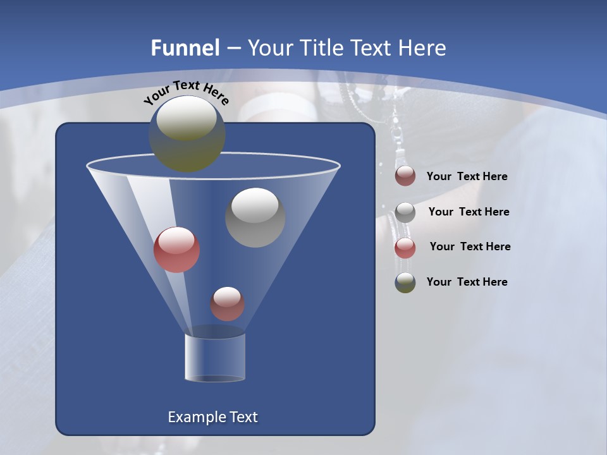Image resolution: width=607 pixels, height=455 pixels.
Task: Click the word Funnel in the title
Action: point(185,48)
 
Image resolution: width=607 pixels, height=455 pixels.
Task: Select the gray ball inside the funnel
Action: point(255,218)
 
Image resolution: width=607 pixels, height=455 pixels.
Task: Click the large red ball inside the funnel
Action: point(177,250)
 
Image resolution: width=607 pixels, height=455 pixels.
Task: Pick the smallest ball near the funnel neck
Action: point(227,304)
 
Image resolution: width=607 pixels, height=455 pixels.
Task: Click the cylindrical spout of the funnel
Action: point(215,358)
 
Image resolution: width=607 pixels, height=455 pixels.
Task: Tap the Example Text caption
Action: point(212,417)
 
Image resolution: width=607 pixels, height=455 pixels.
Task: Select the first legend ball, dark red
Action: point(405,176)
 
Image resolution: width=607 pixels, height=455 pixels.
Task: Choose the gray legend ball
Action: point(405,212)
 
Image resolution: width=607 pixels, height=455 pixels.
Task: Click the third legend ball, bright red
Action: point(405,248)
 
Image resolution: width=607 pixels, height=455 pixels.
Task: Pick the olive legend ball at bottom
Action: point(405,282)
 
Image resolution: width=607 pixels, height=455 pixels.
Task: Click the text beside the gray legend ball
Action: point(469,212)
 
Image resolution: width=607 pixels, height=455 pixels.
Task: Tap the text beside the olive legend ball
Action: point(467,282)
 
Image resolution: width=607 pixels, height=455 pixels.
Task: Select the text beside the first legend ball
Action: point(467,176)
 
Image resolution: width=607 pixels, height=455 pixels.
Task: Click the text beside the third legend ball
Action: point(470,246)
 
